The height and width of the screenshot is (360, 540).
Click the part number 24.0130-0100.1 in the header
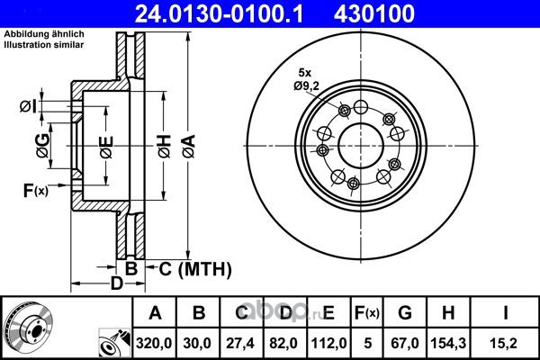tap(219, 13)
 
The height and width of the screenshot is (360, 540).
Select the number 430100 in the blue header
tap(374, 13)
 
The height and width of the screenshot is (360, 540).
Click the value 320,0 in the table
tap(154, 343)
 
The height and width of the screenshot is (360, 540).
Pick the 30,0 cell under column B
tap(197, 343)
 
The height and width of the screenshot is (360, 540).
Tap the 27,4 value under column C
tap(240, 343)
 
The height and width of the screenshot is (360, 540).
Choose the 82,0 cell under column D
tap(283, 343)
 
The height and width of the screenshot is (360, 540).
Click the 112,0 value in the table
tap(328, 343)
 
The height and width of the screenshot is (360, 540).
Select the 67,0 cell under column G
tap(405, 343)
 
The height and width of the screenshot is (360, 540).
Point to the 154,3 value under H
tap(448, 343)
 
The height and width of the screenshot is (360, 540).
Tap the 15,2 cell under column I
tap(505, 343)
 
